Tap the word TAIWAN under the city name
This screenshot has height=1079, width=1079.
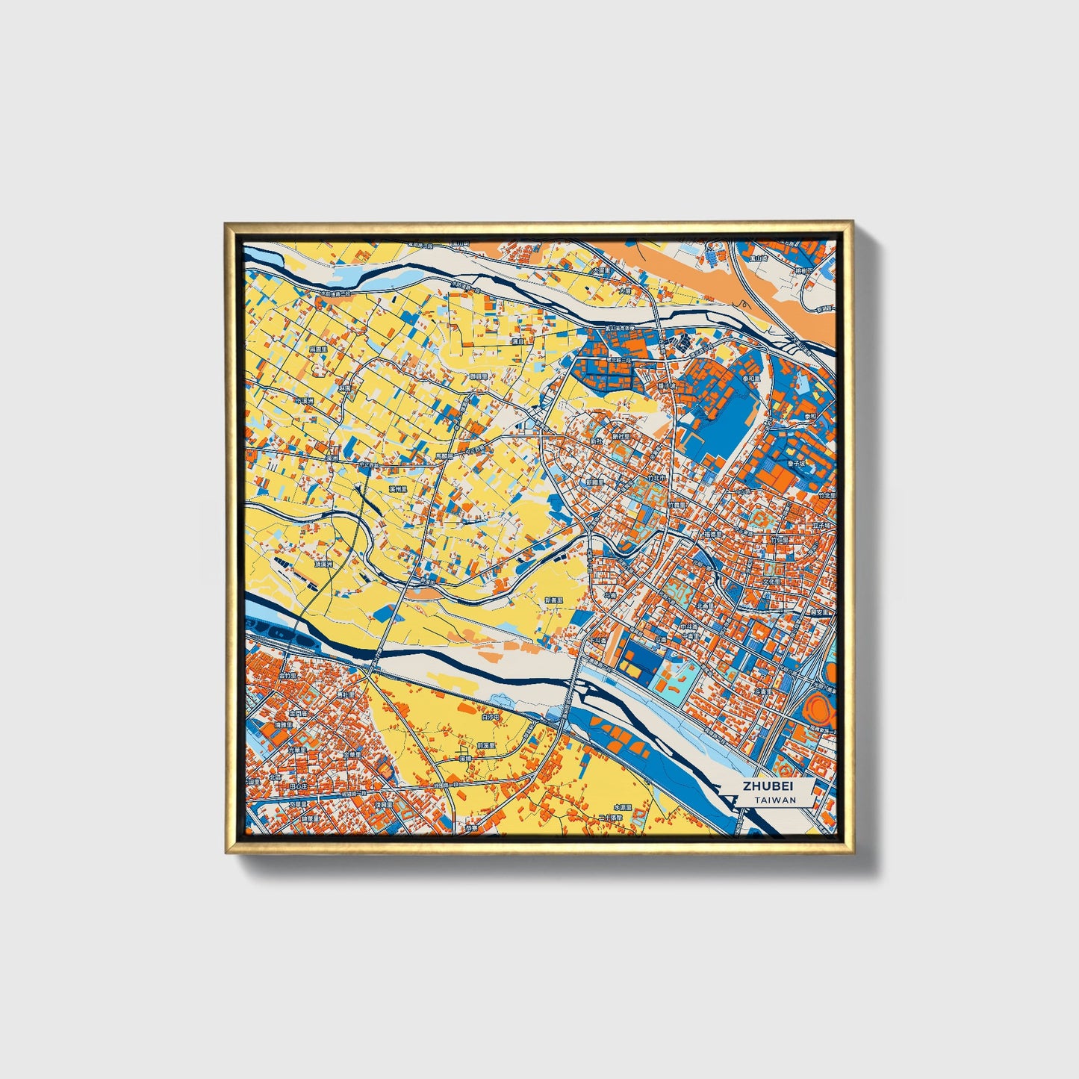[x=774, y=800]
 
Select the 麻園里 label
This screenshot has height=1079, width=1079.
[x=318, y=349]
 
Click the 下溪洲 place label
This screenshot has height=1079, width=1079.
[x=304, y=401]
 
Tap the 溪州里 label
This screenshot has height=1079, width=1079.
[x=398, y=489]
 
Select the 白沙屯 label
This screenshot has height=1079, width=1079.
[x=490, y=716]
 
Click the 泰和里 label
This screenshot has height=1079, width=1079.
[x=750, y=379]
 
